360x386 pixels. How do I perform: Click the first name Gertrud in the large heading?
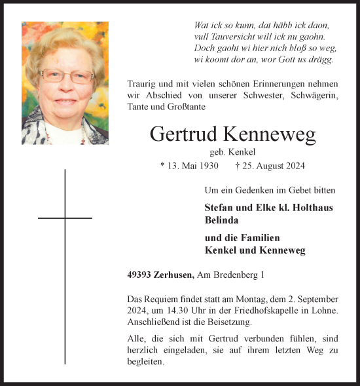tap(184, 134)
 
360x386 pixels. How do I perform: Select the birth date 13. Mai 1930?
tap(189, 166)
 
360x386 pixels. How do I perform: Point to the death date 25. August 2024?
tap(270, 166)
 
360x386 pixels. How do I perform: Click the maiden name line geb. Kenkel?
tap(232, 151)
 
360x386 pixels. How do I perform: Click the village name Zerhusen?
tap(172, 276)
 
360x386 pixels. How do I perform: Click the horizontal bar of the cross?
tap(65, 218)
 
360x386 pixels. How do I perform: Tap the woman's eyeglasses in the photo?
tap(66, 75)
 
